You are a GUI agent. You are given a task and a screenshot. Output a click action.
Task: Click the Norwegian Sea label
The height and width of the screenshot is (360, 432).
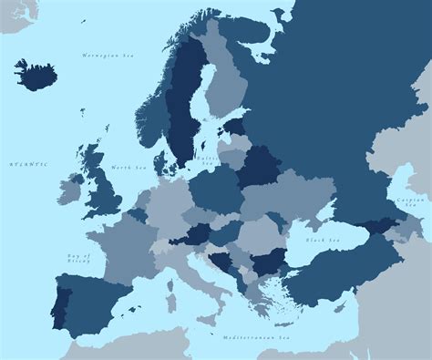coord(108,57)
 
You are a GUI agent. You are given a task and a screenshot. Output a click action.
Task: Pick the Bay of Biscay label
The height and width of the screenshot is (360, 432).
coord(78,258)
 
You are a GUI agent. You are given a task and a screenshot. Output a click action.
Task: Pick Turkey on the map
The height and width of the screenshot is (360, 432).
coord(337,277)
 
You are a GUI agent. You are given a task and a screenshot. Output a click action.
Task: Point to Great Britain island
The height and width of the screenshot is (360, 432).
coord(103,187)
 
